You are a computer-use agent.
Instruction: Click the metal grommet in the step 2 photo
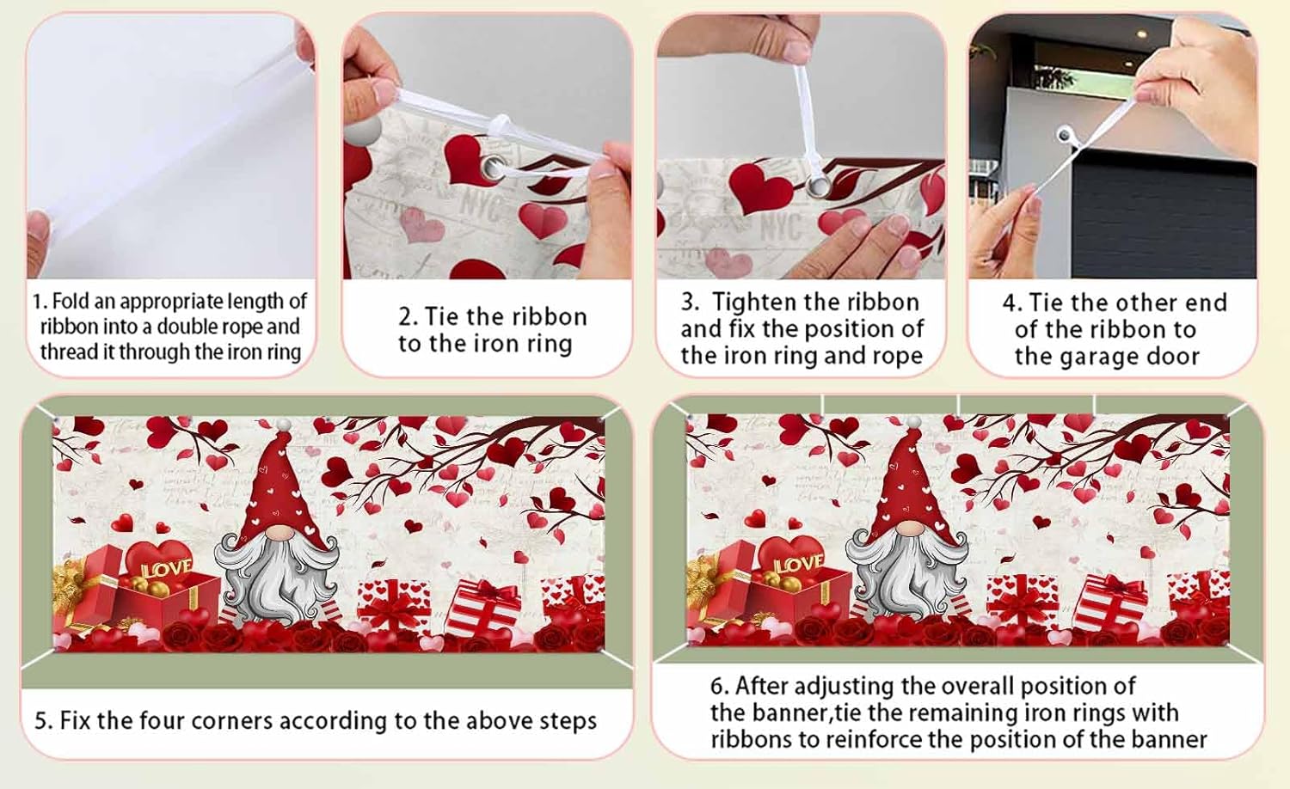[x=493, y=168]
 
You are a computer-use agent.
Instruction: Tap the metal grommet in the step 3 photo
[x=818, y=186]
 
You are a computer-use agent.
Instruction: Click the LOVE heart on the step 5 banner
[x=159, y=561]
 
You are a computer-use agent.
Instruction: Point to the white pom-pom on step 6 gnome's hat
[x=913, y=423]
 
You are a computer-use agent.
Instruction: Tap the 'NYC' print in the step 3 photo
[x=782, y=225]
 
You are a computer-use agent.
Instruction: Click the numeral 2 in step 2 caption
[x=405, y=317]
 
